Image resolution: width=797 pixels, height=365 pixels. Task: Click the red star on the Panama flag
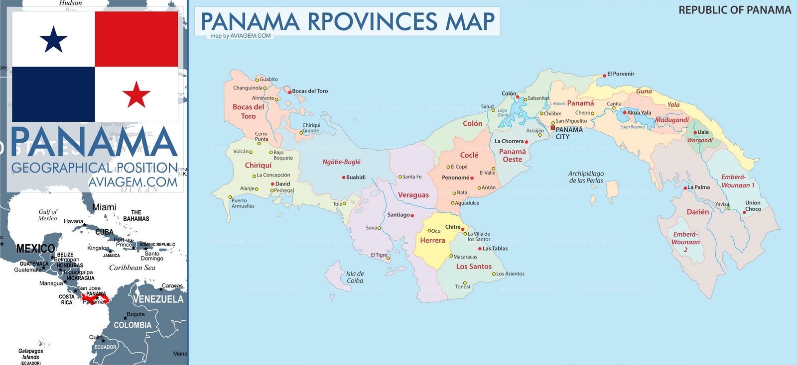tap(136, 94)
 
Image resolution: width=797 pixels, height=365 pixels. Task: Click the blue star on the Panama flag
tap(53, 40)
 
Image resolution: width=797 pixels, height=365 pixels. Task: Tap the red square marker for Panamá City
tap(552, 128)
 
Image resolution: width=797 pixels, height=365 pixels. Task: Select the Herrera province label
tap(432, 240)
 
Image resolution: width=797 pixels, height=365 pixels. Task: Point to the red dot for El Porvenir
tap(604, 74)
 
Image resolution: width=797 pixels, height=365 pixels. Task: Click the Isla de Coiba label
tap(355, 277)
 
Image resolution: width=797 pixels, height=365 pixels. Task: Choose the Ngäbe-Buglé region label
tap(341, 162)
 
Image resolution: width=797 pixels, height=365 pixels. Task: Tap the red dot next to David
tap(272, 184)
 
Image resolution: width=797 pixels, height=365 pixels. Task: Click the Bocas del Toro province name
tap(248, 111)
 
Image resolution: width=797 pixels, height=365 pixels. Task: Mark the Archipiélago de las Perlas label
tap(586, 177)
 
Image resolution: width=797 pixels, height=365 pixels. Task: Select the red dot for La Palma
tap(685, 188)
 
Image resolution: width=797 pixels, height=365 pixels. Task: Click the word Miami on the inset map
tap(104, 207)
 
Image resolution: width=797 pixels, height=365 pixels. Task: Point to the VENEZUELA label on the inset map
tap(158, 299)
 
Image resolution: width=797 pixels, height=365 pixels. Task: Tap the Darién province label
tap(697, 212)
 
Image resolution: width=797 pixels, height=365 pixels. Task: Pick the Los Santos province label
tap(473, 267)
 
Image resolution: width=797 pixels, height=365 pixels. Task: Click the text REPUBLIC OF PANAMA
tap(734, 10)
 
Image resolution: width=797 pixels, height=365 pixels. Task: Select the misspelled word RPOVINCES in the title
tap(372, 21)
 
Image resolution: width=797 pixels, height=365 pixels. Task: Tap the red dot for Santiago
tap(412, 215)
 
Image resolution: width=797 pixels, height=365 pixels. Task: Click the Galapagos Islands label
tap(30, 354)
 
